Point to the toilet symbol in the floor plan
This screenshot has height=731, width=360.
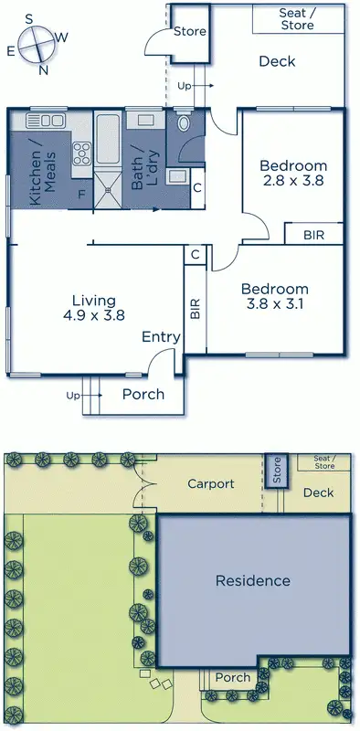point(183,123)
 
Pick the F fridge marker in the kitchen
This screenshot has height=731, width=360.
point(82,194)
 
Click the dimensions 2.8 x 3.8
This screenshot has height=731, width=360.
point(292,181)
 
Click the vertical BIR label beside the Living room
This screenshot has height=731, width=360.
point(195,309)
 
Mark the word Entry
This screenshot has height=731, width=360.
point(161,337)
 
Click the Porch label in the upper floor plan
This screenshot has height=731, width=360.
point(143,394)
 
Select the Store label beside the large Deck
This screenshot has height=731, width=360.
point(189,31)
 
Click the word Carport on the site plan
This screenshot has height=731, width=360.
point(210,483)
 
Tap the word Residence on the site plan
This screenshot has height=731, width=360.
point(252,580)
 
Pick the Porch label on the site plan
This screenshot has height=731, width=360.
point(231,677)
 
